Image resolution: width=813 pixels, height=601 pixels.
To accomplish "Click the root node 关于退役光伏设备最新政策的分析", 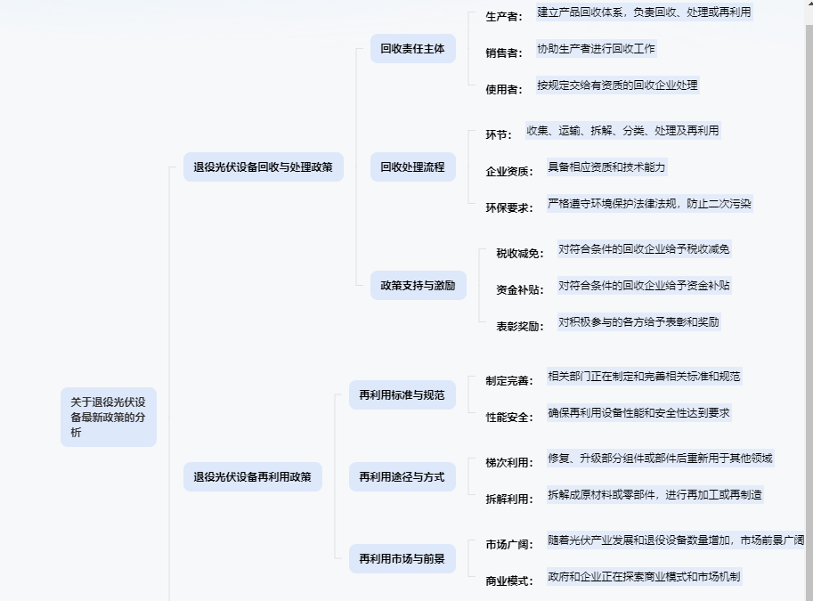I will coord(109,417).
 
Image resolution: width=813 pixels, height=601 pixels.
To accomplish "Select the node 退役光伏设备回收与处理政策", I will coord(264,166).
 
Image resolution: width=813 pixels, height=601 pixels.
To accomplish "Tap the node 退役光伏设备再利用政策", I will coord(253,476).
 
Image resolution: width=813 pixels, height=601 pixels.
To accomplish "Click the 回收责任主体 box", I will coord(412,48).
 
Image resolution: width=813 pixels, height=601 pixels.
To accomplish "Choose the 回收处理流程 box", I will coord(412,166).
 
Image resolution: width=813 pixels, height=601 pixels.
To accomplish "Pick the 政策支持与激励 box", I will coord(418,285).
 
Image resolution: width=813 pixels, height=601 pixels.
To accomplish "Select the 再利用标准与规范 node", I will coord(402,394).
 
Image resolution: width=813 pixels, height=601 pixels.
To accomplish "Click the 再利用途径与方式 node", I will coord(402,476).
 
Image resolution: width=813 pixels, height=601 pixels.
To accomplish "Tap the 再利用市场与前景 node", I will coord(402,558).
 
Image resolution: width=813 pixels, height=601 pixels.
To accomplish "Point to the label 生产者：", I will coord(504,17).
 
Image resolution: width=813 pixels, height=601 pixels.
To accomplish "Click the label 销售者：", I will coord(504,53).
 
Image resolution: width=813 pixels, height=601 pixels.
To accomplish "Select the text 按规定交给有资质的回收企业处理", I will coord(617,85).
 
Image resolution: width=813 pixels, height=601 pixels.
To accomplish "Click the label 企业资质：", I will coord(509,171).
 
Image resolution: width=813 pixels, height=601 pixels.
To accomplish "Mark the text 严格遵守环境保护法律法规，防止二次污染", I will coord(649,203).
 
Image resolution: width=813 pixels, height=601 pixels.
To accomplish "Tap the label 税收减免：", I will coord(520,254).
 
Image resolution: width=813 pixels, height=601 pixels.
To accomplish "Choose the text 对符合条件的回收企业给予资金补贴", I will coord(644,286).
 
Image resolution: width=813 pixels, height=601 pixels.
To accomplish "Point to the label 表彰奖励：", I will coord(520,327).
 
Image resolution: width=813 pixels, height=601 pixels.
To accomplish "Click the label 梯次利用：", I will coord(509,463).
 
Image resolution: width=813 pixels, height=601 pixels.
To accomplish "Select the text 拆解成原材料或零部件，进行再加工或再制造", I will coord(654,494).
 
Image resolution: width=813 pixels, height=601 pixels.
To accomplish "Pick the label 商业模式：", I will coord(509,581).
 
